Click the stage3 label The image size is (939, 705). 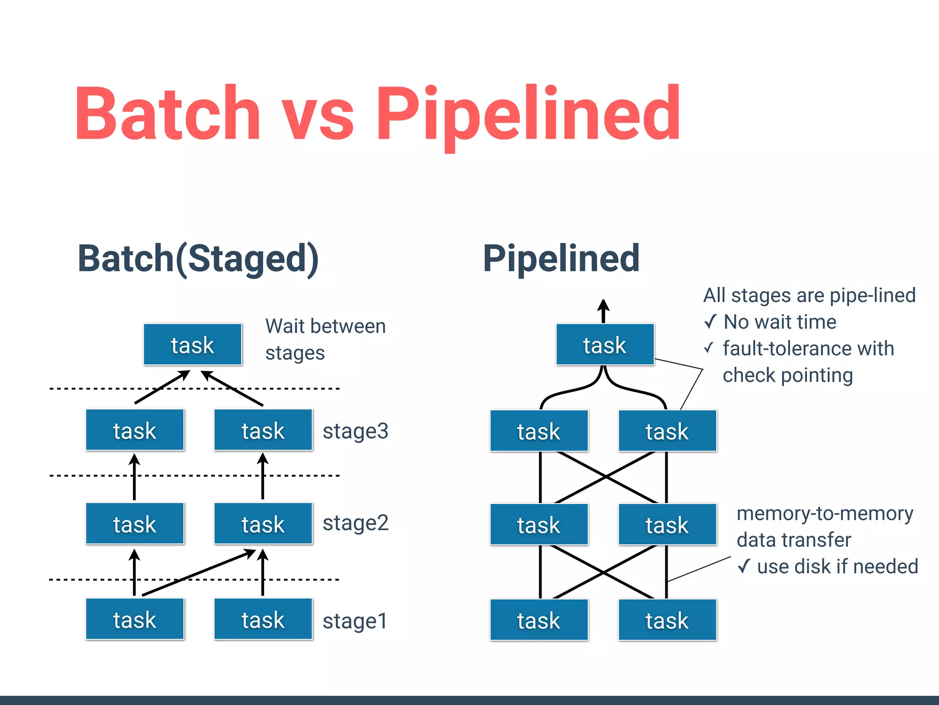pyautogui.click(x=355, y=431)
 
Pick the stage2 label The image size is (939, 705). pyautogui.click(x=355, y=523)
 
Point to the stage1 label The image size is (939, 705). pyautogui.click(x=355, y=621)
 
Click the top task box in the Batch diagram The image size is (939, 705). pyautogui.click(x=193, y=345)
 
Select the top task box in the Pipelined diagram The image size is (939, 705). pyautogui.click(x=605, y=345)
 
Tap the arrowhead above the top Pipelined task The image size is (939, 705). pyautogui.click(x=603, y=306)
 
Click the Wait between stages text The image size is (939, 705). pyautogui.click(x=325, y=339)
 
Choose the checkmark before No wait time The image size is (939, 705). pyautogui.click(x=710, y=322)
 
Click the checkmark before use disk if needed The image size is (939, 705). pyautogui.click(x=744, y=566)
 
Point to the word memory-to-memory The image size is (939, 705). pyautogui.click(x=824, y=513)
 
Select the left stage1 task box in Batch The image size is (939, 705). pyautogui.click(x=135, y=619)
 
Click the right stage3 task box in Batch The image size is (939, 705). pyautogui.click(x=263, y=430)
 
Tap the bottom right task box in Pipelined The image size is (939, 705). pyautogui.click(x=667, y=620)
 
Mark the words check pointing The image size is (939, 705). pyautogui.click(x=787, y=375)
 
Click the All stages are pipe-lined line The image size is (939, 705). pyautogui.click(x=809, y=295)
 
